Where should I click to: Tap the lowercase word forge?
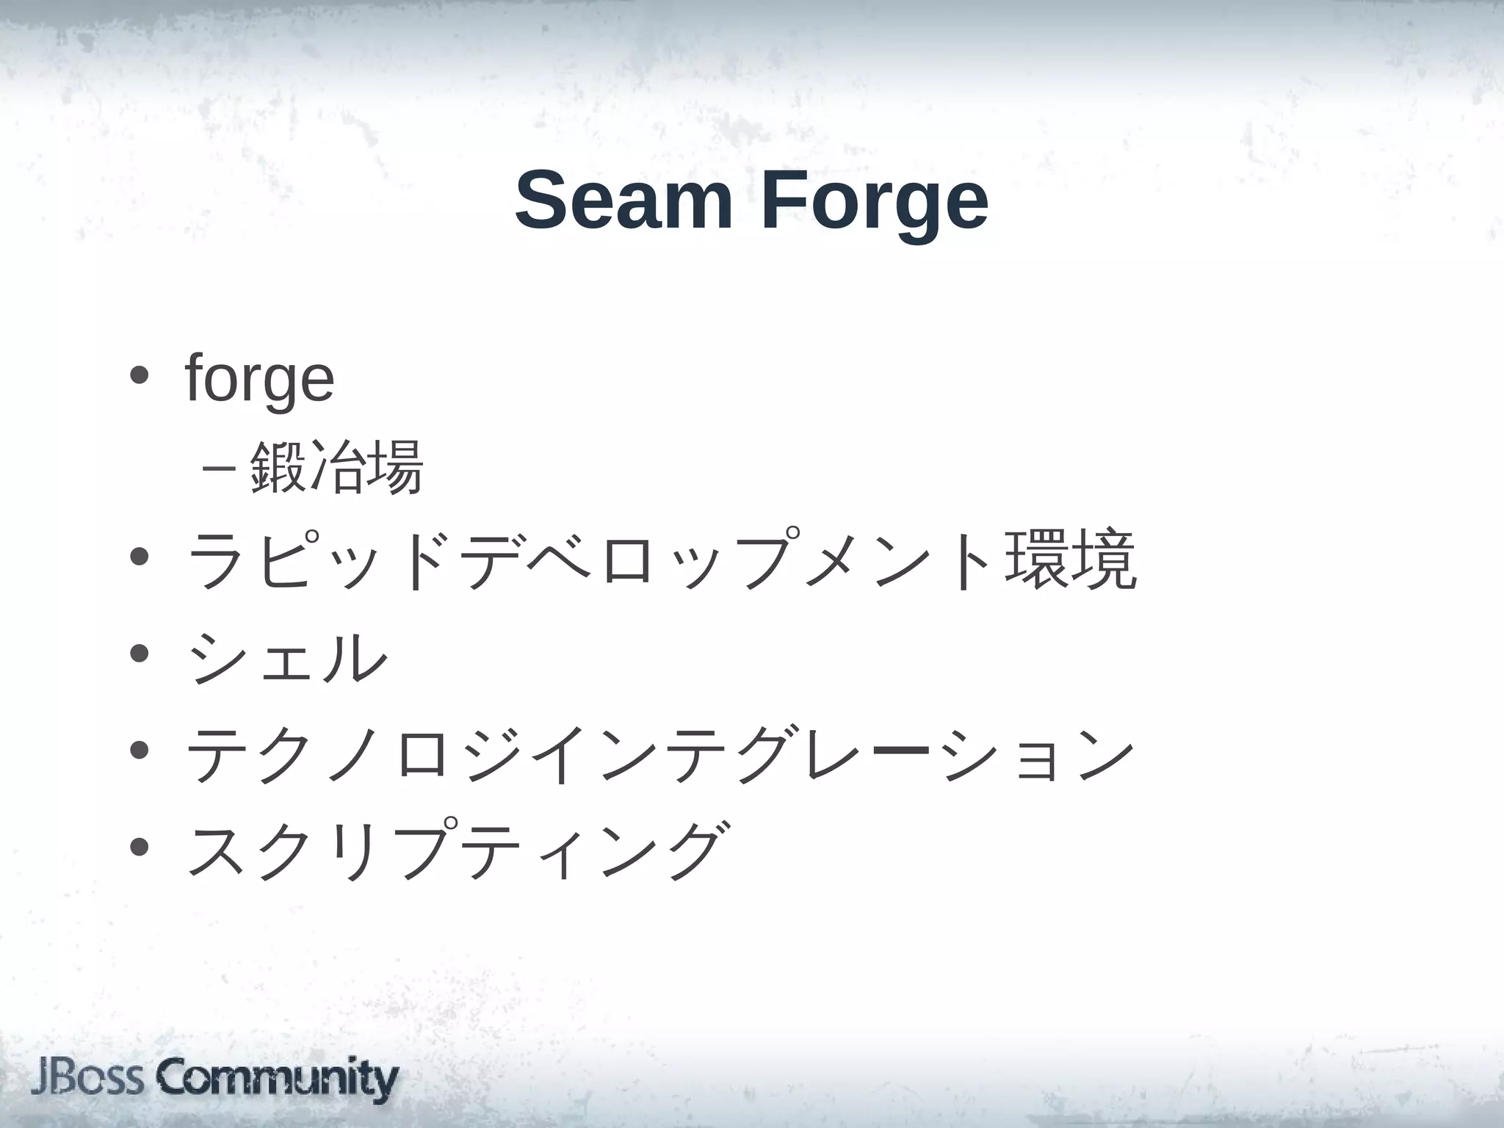click(260, 379)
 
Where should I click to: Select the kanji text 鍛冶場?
click(336, 467)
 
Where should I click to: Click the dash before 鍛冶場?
click(217, 468)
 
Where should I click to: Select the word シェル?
click(287, 656)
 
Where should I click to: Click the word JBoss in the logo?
click(87, 1079)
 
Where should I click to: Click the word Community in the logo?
click(277, 1079)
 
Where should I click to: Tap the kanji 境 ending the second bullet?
click(1104, 560)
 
